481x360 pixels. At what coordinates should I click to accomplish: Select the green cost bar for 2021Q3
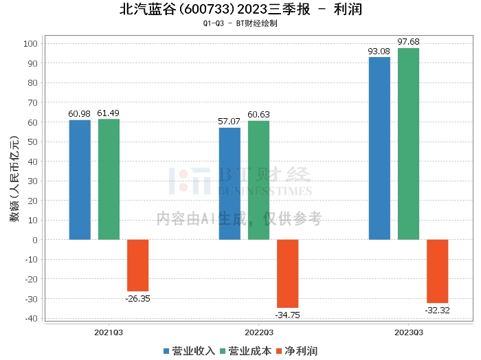point(109,179)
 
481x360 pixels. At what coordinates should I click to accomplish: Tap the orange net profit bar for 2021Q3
point(137,265)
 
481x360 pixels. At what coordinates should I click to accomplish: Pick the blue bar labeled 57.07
point(230,183)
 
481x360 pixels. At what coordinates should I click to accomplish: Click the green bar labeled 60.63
point(258,180)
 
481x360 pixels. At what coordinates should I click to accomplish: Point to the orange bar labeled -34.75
point(287,273)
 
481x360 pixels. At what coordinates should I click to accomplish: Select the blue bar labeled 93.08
point(379,148)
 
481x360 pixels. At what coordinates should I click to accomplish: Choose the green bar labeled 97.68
point(408,144)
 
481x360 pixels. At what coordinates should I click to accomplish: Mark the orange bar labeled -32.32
point(437,271)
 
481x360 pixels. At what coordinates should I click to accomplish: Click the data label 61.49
point(109,113)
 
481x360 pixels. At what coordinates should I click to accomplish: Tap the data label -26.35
point(137,298)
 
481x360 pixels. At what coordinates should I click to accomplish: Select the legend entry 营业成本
point(245,351)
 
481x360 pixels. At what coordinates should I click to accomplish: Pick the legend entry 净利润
point(296,351)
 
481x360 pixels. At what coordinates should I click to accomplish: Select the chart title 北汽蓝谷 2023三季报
point(240,10)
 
